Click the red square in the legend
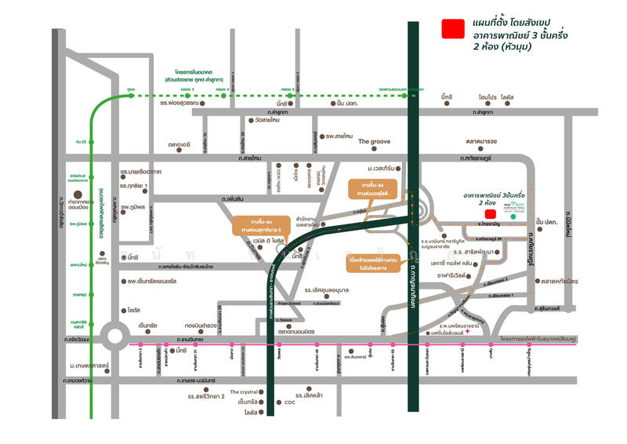coord(452,30)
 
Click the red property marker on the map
coord(490,213)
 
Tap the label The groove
coord(374,142)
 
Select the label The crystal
coord(245,391)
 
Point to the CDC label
coord(289,402)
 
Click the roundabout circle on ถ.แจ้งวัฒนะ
coord(115,338)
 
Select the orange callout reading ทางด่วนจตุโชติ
coord(372,189)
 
